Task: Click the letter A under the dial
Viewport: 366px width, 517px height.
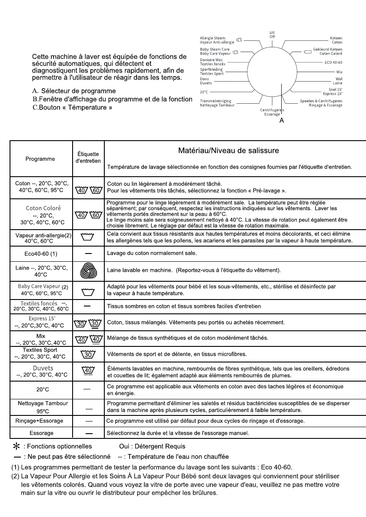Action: pos(282,121)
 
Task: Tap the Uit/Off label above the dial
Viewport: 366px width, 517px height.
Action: pos(272,35)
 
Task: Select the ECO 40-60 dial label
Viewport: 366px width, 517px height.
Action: pos(333,63)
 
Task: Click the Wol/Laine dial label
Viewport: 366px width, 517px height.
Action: pos(337,81)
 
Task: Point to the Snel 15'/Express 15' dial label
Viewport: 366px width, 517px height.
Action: pos(333,92)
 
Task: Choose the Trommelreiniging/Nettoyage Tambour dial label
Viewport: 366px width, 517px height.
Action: pos(217,103)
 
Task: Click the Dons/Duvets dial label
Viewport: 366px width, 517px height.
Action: pos(206,81)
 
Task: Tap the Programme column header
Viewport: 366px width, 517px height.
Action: pos(40,159)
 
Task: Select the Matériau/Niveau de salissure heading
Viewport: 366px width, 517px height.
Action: pos(229,151)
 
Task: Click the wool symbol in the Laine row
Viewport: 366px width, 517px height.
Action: pos(88,271)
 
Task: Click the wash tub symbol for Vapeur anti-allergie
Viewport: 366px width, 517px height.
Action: pos(88,237)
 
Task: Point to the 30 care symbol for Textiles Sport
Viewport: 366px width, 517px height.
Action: pos(88,355)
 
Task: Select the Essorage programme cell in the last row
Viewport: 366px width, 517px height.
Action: pos(41,433)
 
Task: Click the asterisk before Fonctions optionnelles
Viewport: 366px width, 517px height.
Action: pos(17,446)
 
